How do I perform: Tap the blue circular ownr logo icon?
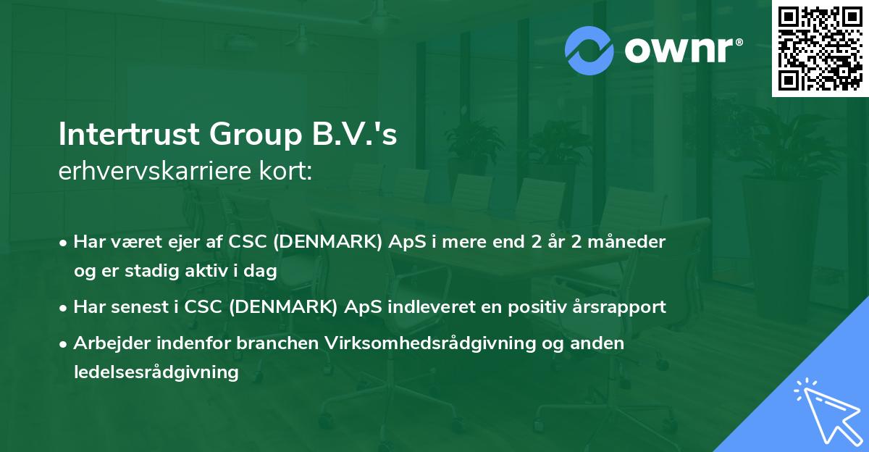click(589, 50)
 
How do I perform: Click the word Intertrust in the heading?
click(128, 135)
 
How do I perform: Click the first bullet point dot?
click(64, 242)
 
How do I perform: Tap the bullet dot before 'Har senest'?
click(64, 307)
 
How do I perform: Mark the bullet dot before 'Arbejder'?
click(64, 344)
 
